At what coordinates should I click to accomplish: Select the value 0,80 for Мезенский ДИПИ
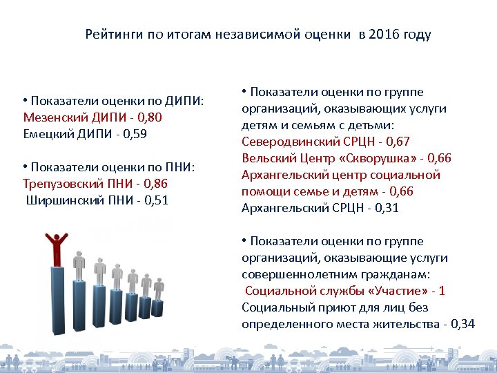click(x=150, y=117)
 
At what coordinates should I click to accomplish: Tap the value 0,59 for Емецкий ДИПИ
click(x=133, y=134)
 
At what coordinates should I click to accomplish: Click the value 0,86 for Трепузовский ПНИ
click(x=155, y=184)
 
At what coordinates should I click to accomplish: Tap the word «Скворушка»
click(x=368, y=158)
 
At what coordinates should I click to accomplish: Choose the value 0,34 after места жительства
click(x=462, y=324)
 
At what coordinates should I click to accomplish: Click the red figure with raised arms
click(x=55, y=249)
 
